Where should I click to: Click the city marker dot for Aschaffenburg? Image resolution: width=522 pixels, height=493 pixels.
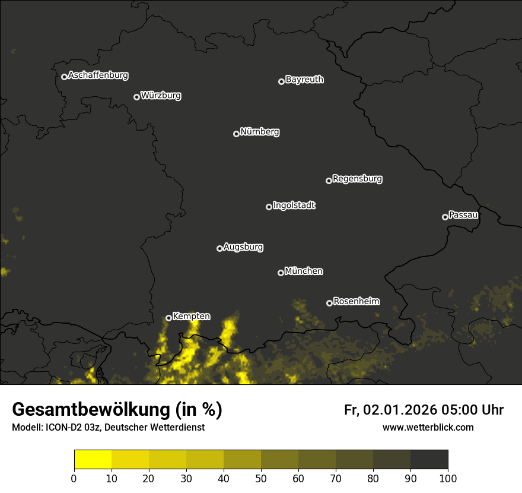tap(64, 77)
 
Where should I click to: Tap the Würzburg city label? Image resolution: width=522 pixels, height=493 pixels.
tap(161, 96)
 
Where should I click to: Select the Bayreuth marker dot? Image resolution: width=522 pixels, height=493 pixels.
tap(281, 81)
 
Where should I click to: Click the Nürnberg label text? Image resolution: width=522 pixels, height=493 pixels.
tap(260, 132)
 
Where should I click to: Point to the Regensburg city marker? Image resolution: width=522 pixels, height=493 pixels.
tap(329, 181)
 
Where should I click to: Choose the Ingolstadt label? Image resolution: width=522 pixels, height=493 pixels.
tap(294, 206)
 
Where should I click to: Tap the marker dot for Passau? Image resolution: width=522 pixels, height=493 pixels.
tap(445, 217)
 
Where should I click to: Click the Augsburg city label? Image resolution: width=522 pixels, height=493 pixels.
tap(243, 247)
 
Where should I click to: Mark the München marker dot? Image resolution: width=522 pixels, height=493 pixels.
tap(281, 273)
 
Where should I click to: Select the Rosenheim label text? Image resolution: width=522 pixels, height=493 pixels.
tap(356, 302)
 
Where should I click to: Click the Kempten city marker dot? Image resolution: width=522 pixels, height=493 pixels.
tap(168, 318)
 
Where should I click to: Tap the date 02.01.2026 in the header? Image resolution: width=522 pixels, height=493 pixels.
tap(400, 410)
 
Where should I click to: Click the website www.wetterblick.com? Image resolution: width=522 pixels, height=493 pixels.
tap(428, 427)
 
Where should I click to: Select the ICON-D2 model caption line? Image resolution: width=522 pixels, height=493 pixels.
tap(108, 428)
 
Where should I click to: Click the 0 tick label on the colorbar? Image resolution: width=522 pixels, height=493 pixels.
tap(74, 478)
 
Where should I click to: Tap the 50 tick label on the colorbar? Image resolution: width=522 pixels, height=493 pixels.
tap(261, 478)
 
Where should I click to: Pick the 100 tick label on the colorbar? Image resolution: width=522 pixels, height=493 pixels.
tap(448, 478)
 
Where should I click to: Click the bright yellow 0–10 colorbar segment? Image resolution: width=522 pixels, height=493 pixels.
tap(93, 460)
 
